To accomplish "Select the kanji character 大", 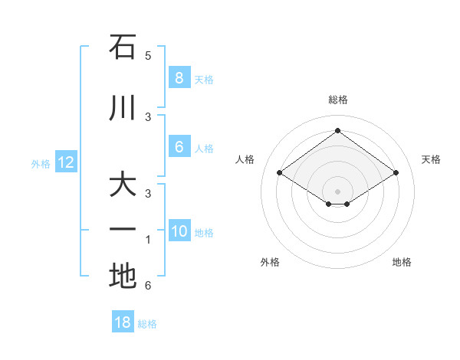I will point(123,186).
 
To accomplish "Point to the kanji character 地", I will point(123,277).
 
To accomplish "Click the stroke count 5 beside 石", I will point(148,56).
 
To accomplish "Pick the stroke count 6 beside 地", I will point(148,286).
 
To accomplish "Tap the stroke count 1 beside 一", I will point(148,240).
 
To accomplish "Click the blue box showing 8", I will point(179,77).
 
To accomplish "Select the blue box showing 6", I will point(179,147).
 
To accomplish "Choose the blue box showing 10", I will point(179,231).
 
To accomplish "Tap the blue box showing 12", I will point(65,162).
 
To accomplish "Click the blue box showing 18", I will point(123,322).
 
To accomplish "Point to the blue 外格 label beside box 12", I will point(41,163).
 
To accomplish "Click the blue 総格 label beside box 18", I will point(147,324).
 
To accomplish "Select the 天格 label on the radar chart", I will point(431,159).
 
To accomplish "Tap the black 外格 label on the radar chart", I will point(270,262).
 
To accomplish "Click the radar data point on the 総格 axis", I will point(337,131).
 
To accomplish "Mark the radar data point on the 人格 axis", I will point(280,173).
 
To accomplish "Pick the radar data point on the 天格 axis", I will point(396,173).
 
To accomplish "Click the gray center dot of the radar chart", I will point(337,191).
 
